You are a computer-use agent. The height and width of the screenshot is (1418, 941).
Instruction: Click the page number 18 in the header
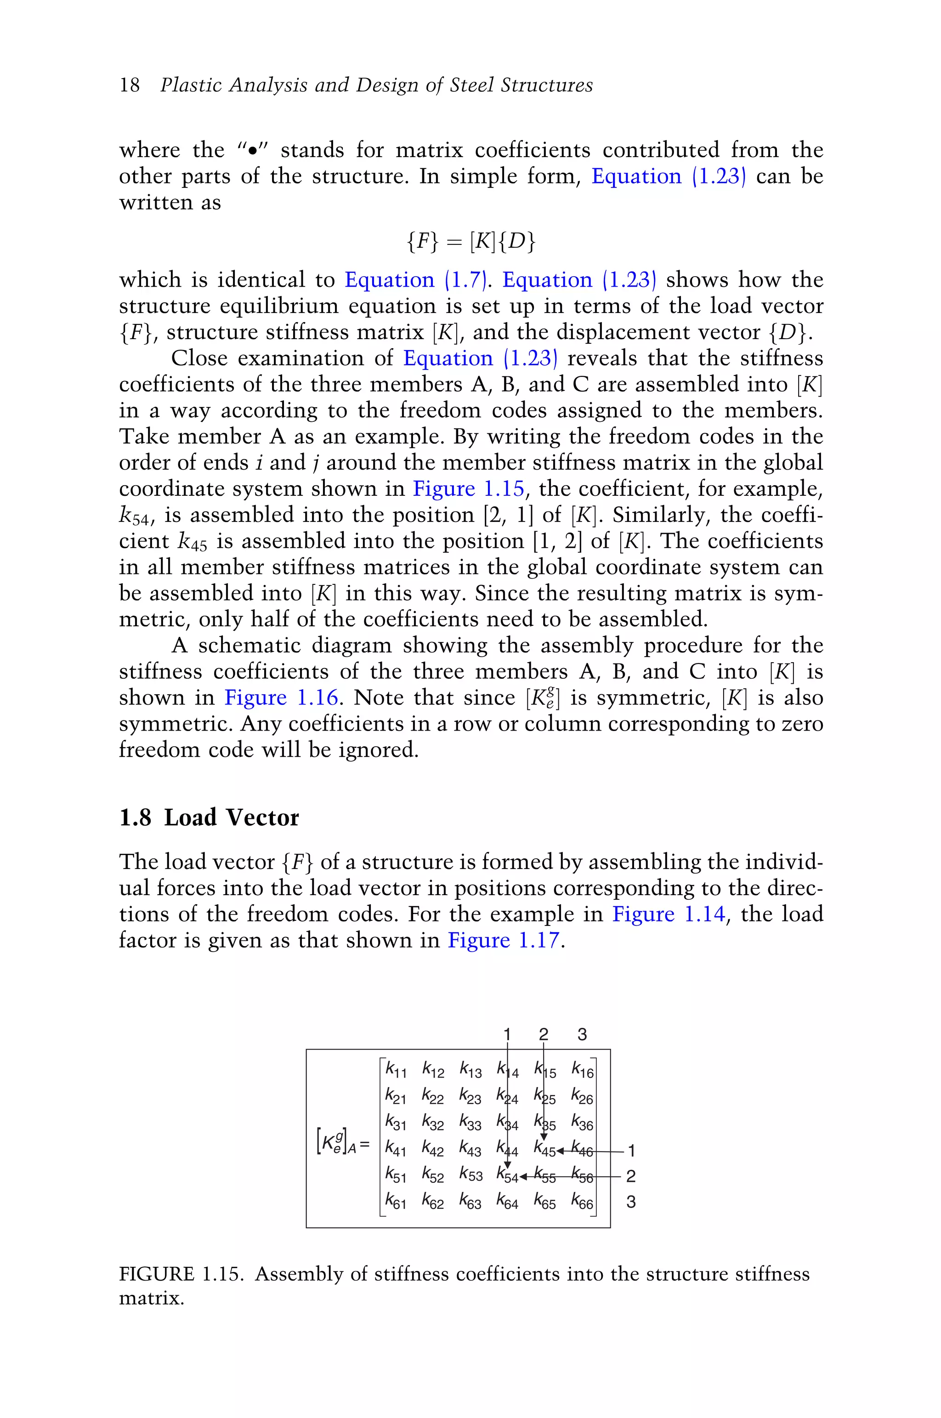pos(129,85)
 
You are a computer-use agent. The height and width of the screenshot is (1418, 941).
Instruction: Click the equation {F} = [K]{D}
pos(470,241)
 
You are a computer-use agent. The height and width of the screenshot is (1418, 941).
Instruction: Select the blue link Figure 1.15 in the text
pos(469,488)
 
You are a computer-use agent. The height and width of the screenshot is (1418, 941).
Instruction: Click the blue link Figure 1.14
pos(669,914)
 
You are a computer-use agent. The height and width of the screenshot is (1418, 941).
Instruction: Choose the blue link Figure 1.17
pos(504,940)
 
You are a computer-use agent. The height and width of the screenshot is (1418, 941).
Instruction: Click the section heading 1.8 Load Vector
pos(209,817)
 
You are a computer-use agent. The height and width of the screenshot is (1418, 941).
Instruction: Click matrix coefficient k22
pos(433,1096)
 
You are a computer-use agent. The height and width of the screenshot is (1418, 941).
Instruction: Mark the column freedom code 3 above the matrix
pos(582,1034)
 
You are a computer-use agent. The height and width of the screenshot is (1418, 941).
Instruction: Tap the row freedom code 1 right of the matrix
pos(631,1151)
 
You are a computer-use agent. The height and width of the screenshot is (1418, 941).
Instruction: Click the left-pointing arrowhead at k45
pos(561,1151)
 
